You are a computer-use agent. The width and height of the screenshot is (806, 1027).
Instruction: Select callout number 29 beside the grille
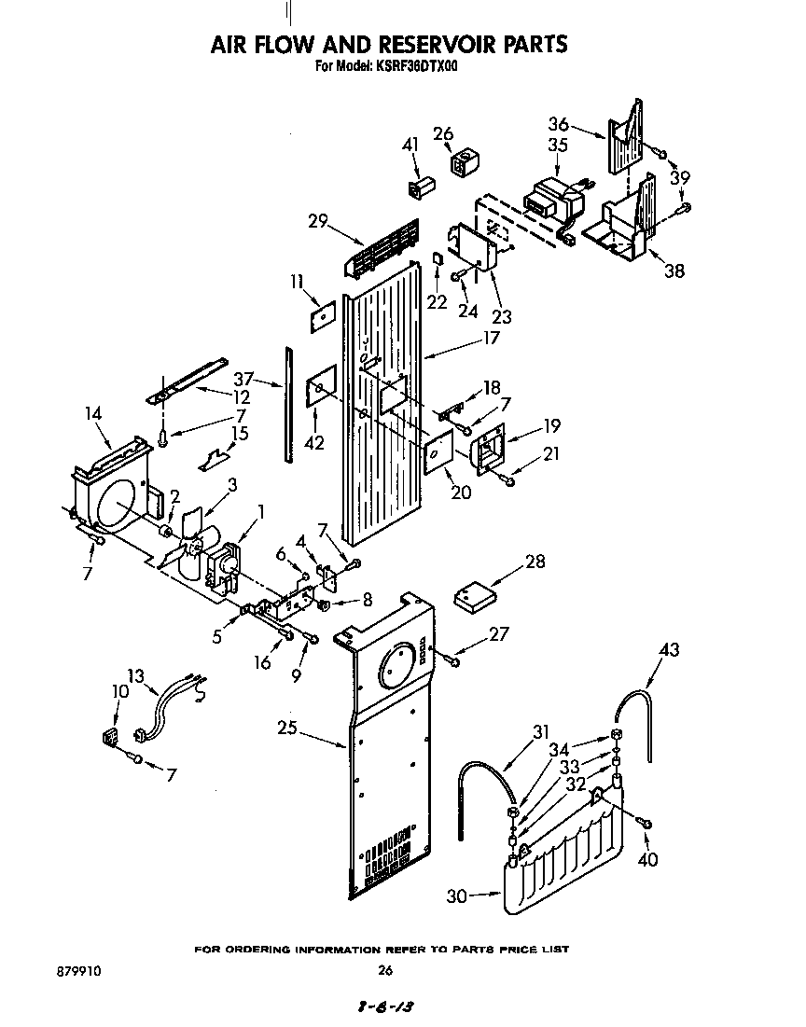tap(318, 221)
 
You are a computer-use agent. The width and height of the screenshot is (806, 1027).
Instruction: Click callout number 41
tap(410, 145)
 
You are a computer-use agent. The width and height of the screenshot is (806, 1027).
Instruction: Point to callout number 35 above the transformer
tap(557, 145)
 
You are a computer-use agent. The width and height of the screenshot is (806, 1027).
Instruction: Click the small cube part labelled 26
tap(462, 164)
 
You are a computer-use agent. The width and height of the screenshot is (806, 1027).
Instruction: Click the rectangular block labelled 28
tap(476, 595)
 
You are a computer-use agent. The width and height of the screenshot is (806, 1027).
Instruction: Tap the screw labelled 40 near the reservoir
tap(646, 823)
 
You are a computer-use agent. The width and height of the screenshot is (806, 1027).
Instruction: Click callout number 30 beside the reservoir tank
tap(456, 896)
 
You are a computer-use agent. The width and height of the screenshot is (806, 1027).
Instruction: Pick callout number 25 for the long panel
tap(286, 728)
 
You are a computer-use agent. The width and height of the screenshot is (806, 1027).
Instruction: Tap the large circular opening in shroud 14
tap(119, 508)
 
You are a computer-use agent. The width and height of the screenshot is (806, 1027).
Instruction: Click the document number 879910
tap(78, 971)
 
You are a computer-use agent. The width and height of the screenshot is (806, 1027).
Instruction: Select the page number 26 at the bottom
tap(385, 971)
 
